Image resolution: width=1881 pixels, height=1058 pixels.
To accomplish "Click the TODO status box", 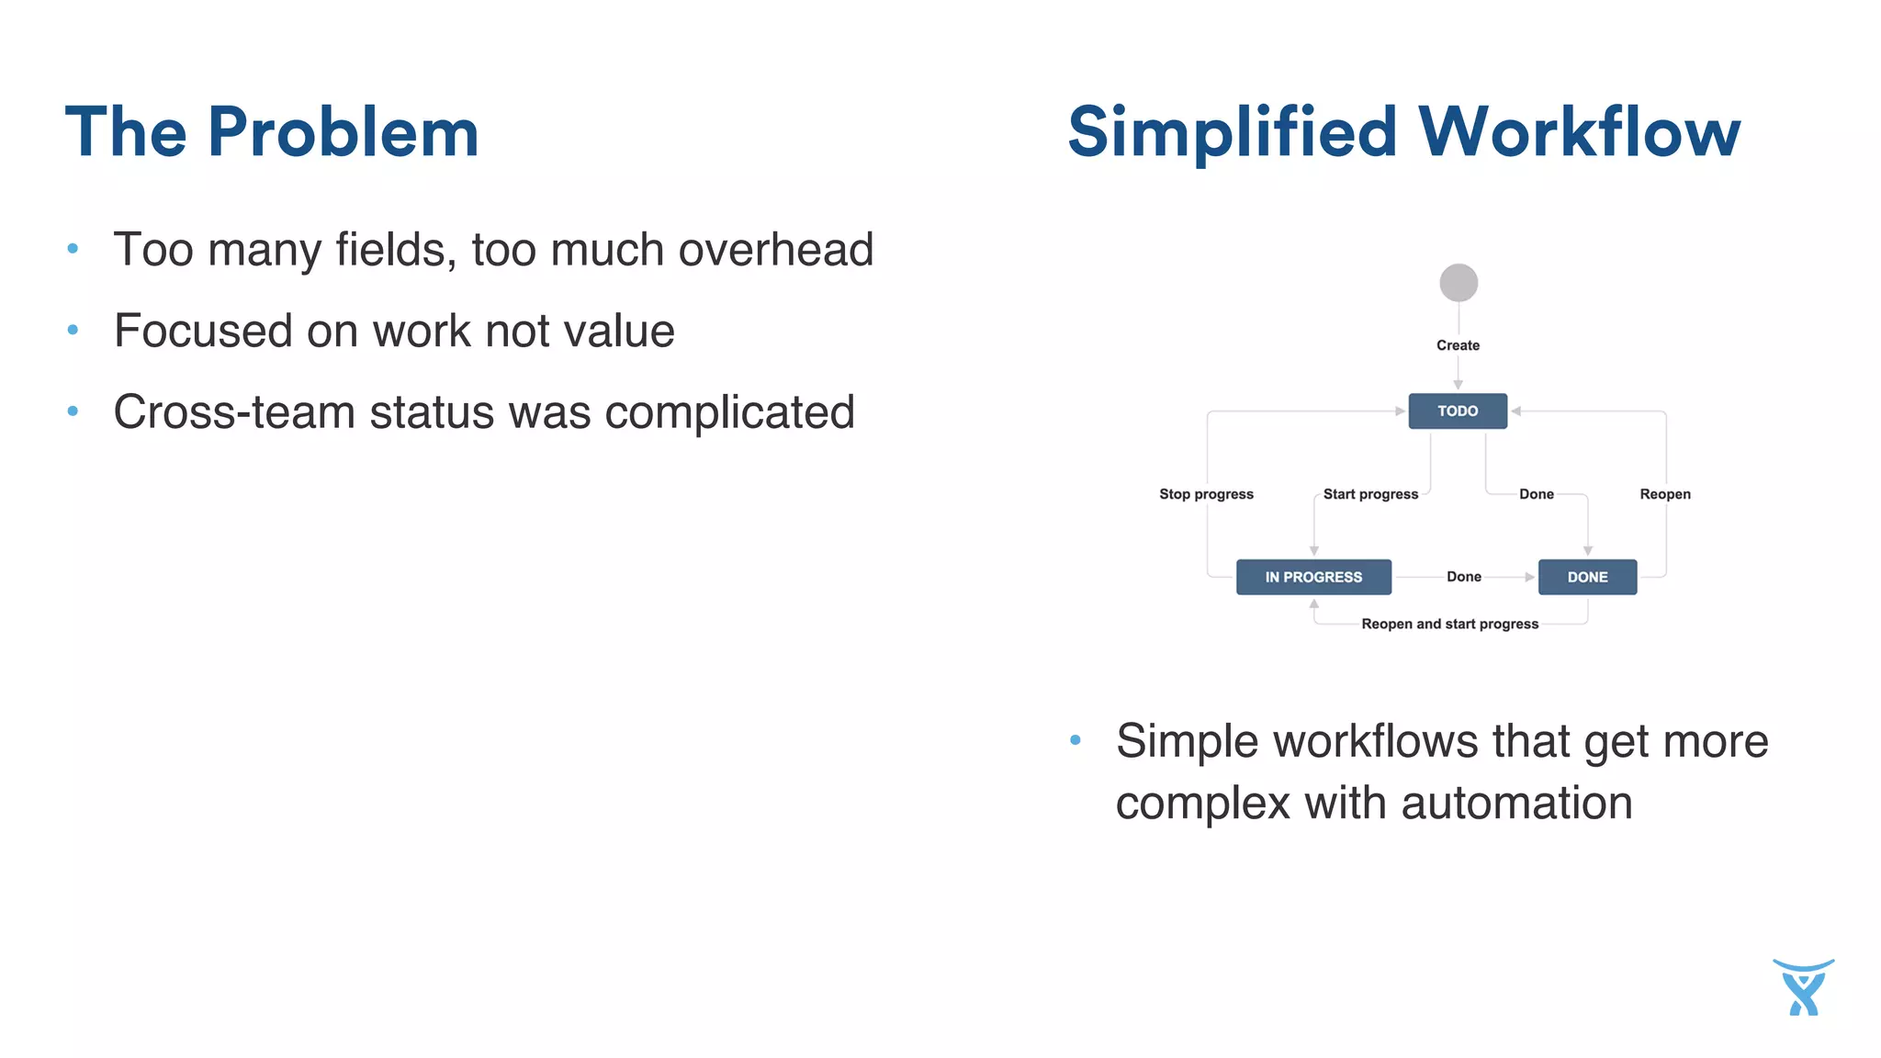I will point(1458,411).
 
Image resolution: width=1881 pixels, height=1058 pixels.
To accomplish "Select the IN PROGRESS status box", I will point(1313,577).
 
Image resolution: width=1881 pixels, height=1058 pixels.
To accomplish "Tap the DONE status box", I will point(1587,577).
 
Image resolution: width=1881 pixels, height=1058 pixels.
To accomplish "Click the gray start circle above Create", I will point(1459,283).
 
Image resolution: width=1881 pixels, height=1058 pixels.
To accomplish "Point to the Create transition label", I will point(1458,345).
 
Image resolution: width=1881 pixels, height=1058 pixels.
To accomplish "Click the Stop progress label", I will point(1206,494).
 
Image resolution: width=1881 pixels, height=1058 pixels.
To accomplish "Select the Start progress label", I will point(1370,494).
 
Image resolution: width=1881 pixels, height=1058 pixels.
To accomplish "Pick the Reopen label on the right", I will point(1664,494).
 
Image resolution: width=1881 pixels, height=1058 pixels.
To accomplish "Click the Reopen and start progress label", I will point(1449,624).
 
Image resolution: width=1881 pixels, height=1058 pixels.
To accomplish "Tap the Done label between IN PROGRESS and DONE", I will point(1463,577).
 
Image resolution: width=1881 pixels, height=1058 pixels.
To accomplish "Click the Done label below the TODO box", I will point(1536,494).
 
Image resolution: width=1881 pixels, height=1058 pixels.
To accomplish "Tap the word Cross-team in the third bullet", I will point(233,411).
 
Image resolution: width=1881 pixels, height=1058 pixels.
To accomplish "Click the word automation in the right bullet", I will point(1516,803).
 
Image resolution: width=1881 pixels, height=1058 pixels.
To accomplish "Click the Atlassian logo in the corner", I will point(1803,988).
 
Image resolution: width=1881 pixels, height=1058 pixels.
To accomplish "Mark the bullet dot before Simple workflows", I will point(1076,740).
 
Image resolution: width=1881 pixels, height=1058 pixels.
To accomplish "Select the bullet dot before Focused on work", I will point(73,330).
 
